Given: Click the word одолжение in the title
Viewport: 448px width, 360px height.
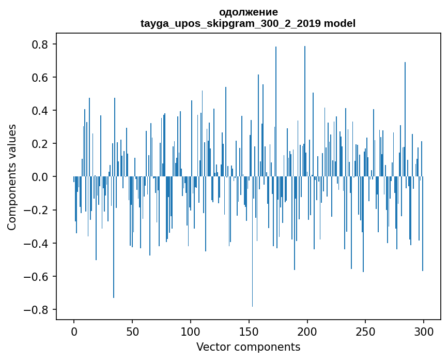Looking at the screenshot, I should pyautogui.click(x=248, y=12).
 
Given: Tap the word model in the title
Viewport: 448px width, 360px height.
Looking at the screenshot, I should pyautogui.click(x=339, y=23).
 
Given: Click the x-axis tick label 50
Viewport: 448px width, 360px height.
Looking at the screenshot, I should pyautogui.click(x=132, y=331).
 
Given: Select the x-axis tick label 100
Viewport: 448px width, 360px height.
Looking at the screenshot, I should pyautogui.click(x=191, y=331).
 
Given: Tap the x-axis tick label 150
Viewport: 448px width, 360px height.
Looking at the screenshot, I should pyautogui.click(x=249, y=331).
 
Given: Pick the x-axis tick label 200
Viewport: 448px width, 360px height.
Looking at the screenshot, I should pyautogui.click(x=307, y=331).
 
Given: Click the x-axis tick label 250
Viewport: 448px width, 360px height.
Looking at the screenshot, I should pyautogui.click(x=365, y=331).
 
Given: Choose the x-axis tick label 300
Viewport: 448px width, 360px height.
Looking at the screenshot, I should pyautogui.click(x=424, y=331).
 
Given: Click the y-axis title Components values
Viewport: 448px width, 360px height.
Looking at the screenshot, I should pyautogui.click(x=12, y=177).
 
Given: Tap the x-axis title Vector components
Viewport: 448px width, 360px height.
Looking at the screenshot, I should pyautogui.click(x=248, y=347).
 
